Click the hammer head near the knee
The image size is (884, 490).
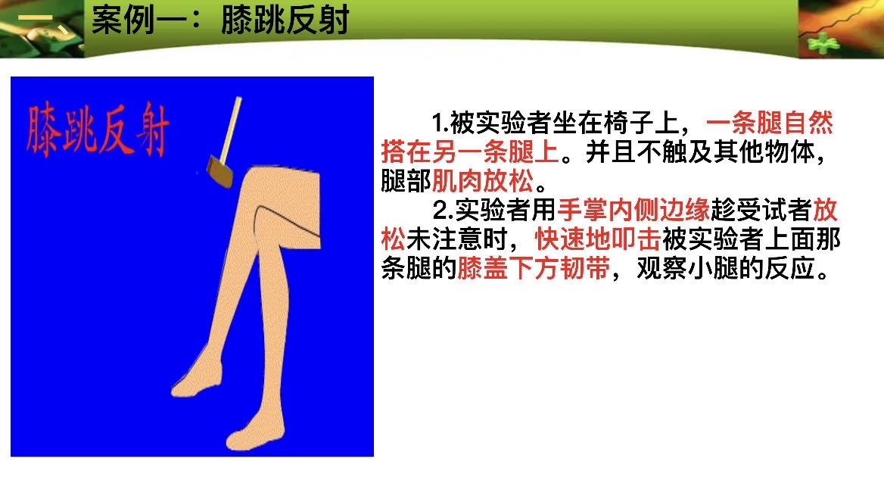click(220, 170)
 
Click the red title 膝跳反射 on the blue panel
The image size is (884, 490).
click(98, 129)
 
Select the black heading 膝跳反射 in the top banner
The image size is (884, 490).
click(285, 20)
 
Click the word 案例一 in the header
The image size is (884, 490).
click(139, 20)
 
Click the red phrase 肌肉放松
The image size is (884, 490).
click(483, 181)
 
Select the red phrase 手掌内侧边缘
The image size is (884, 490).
click(633, 210)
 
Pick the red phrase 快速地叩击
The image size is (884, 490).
click(598, 239)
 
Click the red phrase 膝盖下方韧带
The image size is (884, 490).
click(534, 268)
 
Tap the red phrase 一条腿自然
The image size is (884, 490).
click(770, 123)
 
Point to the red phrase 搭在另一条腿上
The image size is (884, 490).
click(470, 151)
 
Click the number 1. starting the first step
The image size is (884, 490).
click(440, 123)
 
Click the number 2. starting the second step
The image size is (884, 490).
click(444, 211)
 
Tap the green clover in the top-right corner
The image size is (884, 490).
click(823, 43)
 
